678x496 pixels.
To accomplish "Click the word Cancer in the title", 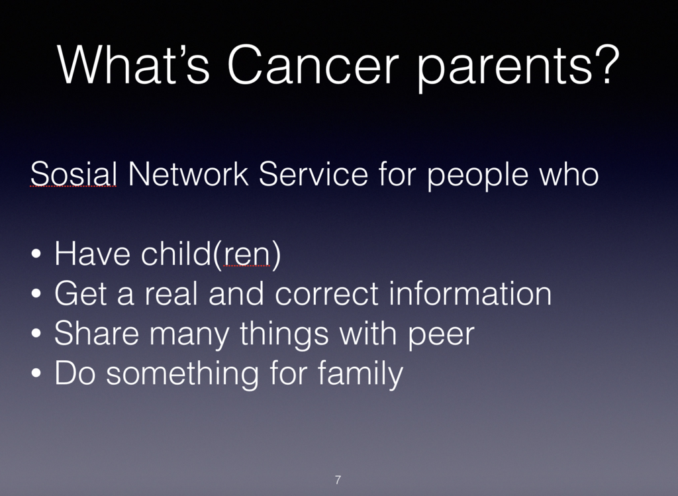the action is (x=313, y=64).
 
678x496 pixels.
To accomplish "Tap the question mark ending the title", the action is (x=608, y=64).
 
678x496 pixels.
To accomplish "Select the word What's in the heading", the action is (x=134, y=64).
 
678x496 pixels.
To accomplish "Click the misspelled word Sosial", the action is (x=73, y=174).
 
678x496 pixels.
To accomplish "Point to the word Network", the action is (x=188, y=174).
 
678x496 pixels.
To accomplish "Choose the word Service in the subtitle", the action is (x=313, y=174).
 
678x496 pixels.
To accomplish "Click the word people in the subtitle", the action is (x=478, y=175).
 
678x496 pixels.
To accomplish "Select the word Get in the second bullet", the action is (x=80, y=293).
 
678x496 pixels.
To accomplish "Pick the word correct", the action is (x=327, y=294).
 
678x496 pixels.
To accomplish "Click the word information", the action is (x=470, y=293).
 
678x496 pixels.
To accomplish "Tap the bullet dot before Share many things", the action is (x=36, y=333).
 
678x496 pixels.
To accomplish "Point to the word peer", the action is (x=441, y=335).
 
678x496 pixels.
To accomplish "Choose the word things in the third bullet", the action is (x=285, y=334).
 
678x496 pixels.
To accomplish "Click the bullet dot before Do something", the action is (x=36, y=373).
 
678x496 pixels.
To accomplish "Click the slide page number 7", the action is (x=338, y=479).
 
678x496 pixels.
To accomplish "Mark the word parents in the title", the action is (x=504, y=68).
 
